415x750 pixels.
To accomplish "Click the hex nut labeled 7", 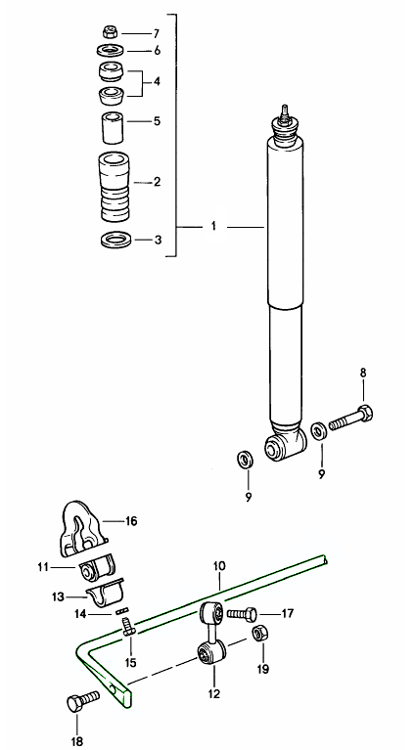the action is pyautogui.click(x=110, y=32).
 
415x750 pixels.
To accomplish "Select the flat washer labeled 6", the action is pyautogui.click(x=110, y=50).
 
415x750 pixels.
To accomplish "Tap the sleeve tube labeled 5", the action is pyautogui.click(x=112, y=128).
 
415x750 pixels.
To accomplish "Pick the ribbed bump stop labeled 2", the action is pyautogui.click(x=115, y=187).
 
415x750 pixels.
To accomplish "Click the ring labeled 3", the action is pyautogui.click(x=116, y=240).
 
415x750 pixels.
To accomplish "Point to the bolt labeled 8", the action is pyautogui.click(x=350, y=419).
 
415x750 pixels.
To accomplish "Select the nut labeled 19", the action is pyautogui.click(x=260, y=634).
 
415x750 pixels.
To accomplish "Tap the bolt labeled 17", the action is pyautogui.click(x=241, y=614).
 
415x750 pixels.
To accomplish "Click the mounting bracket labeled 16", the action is pyautogui.click(x=81, y=529).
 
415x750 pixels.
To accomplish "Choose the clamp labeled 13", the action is pyautogui.click(x=105, y=594).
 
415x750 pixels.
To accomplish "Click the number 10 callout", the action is pyautogui.click(x=218, y=566).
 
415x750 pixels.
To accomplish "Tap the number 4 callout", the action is pyautogui.click(x=157, y=81).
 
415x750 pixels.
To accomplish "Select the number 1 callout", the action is pyautogui.click(x=213, y=226).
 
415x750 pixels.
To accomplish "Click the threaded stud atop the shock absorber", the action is pyautogui.click(x=285, y=111).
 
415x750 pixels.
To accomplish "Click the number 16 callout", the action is pyautogui.click(x=131, y=520).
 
